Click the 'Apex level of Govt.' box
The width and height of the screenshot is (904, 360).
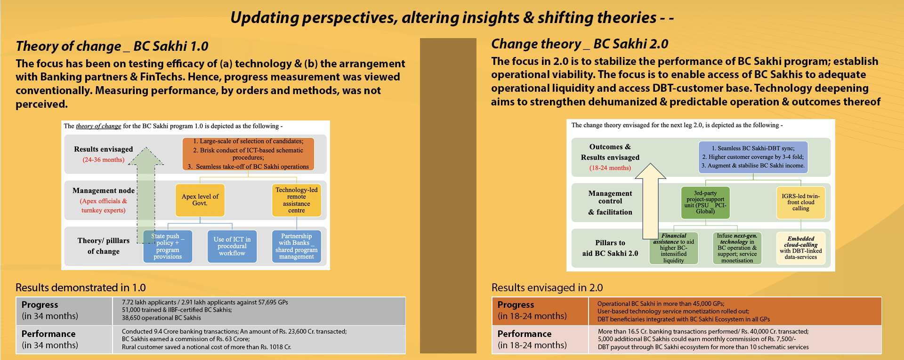(200, 200)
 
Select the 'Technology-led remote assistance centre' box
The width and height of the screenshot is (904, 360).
(297, 200)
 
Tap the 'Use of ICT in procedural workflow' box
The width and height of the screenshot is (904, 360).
(232, 246)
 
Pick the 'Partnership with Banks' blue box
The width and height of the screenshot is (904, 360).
(297, 246)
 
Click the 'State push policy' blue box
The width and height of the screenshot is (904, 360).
(168, 246)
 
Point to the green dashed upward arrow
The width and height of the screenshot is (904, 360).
(146, 195)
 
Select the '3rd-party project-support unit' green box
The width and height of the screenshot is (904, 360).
(705, 202)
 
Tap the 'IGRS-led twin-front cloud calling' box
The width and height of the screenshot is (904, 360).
(800, 202)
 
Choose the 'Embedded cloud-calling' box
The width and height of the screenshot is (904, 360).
(800, 248)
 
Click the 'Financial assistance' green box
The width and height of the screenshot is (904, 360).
(674, 248)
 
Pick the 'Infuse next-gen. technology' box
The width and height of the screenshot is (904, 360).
(737, 248)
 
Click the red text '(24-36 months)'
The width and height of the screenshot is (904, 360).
(104, 160)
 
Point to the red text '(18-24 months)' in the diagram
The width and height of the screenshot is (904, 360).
(610, 168)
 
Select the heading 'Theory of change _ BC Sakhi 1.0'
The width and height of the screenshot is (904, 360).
(112, 46)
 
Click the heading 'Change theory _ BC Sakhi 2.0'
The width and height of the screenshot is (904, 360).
(580, 44)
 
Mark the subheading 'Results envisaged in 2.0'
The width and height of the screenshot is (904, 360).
(547, 288)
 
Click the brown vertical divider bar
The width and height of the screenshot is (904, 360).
(448, 196)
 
